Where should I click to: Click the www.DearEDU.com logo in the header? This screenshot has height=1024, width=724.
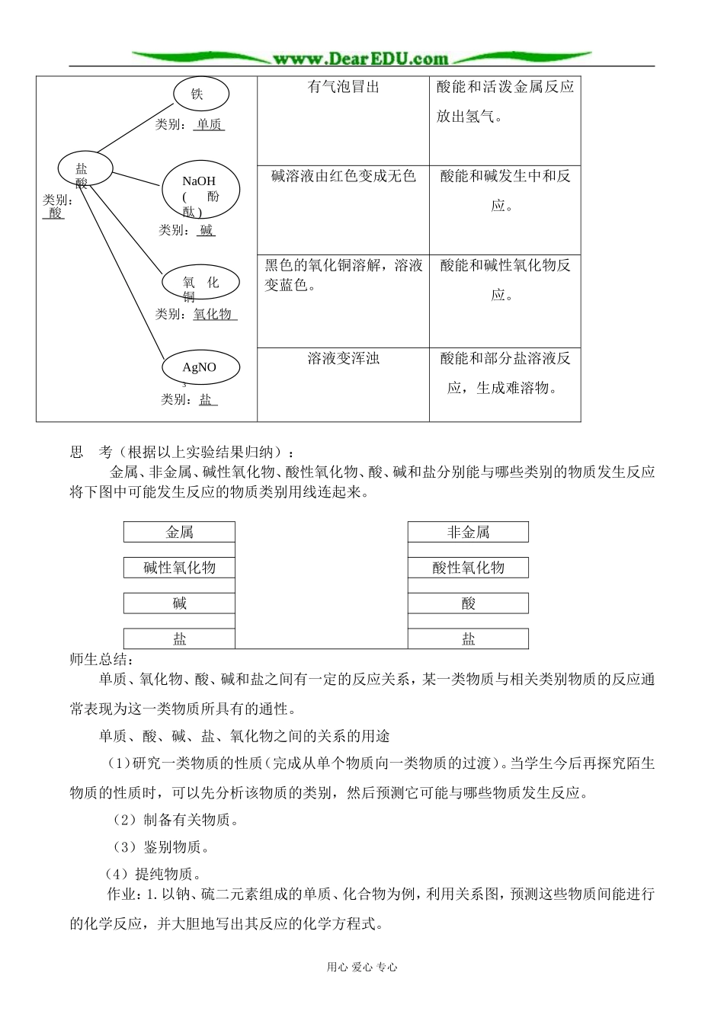[x=360, y=59]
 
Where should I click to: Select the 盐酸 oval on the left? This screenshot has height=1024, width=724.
[x=85, y=169]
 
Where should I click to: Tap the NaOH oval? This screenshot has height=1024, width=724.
[x=200, y=190]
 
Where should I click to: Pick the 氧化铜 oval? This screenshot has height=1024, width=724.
[x=200, y=283]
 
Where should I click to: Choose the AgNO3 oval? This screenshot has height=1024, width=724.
[x=200, y=367]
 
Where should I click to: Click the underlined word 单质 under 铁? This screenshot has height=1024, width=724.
[x=209, y=124]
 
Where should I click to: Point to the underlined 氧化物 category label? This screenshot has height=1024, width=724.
[x=213, y=314]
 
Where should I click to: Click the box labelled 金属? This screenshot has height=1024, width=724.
[x=179, y=532]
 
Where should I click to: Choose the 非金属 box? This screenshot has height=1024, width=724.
[x=468, y=532]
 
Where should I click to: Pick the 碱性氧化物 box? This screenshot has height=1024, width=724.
[x=179, y=568]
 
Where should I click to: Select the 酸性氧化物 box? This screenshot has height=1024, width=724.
[x=468, y=568]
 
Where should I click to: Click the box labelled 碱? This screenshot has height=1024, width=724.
[x=179, y=603]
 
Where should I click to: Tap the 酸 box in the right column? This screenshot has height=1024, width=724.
[x=468, y=603]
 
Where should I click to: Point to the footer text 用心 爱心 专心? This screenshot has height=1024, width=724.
[x=362, y=967]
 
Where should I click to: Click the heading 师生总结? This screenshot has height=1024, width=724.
[x=101, y=660]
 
